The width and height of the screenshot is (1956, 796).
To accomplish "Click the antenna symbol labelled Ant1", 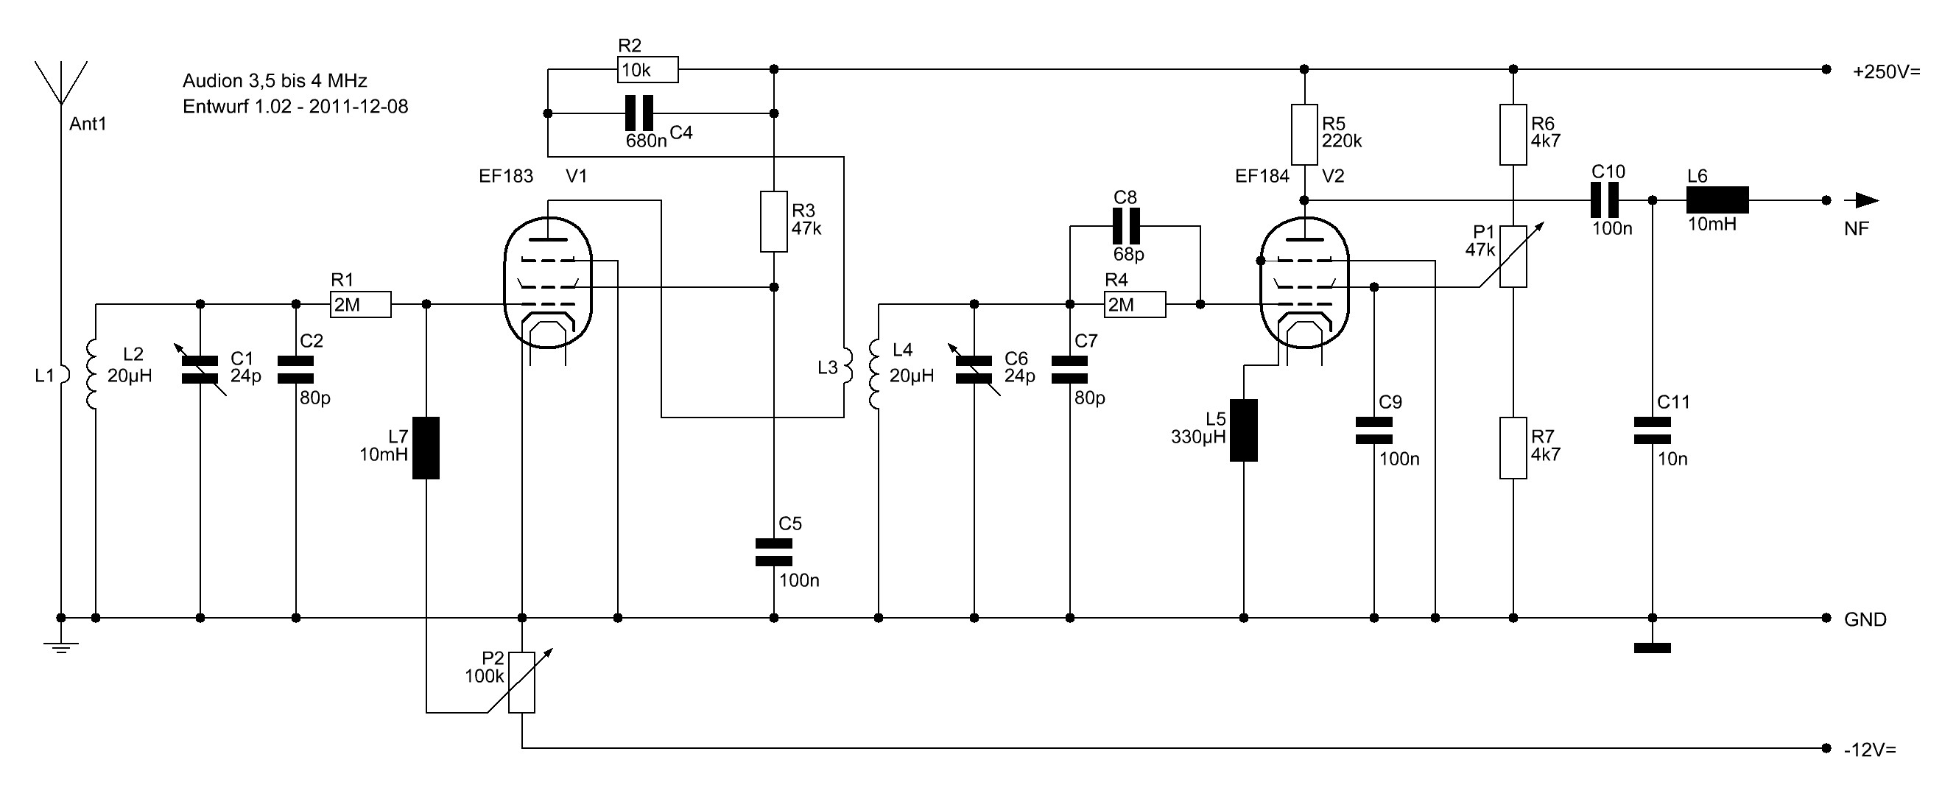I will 60,83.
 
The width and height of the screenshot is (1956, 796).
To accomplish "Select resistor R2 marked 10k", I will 647,70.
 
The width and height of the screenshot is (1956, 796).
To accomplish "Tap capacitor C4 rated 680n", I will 638,113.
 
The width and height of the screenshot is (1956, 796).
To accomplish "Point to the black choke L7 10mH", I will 426,448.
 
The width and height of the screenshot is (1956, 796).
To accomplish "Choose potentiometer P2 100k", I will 521,682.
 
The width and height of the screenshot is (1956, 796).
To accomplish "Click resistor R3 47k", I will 774,222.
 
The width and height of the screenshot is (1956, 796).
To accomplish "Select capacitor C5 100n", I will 774,552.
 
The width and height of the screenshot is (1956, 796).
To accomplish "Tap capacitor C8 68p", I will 1125,225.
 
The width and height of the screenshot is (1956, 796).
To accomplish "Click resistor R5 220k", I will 1304,135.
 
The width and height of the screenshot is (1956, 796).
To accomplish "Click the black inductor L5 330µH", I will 1243,430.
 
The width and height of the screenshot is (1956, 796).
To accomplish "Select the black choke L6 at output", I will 1717,200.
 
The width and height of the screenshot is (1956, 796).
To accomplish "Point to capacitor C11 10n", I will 1652,430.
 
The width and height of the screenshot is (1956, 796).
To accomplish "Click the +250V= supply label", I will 1886,72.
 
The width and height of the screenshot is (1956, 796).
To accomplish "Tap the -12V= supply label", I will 1869,750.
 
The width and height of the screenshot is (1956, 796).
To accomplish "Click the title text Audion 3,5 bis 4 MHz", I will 275,80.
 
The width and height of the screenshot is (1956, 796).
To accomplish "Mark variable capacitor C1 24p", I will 200,369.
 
